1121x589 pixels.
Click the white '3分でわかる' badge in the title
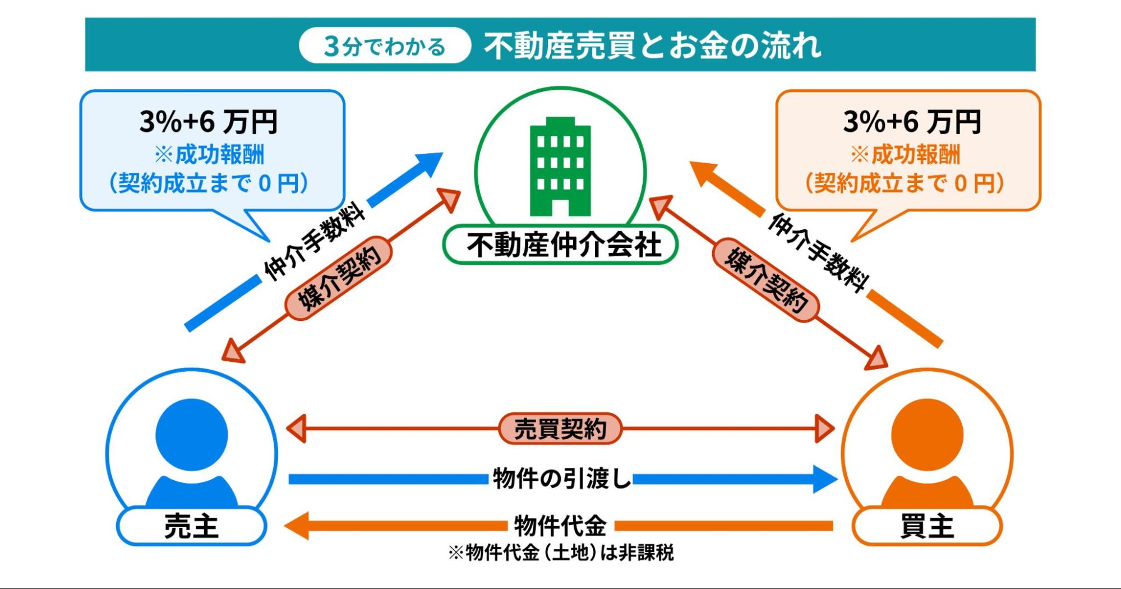pyautogui.click(x=385, y=45)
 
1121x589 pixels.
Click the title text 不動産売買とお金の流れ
pyautogui.click(x=652, y=45)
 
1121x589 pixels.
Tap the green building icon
pyautogui.click(x=560, y=167)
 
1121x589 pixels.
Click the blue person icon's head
pyautogui.click(x=192, y=435)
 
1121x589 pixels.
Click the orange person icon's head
pyautogui.click(x=927, y=435)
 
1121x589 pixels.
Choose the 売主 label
pyautogui.click(x=191, y=526)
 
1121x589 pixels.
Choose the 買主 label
pyautogui.click(x=927, y=526)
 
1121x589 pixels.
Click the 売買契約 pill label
pyautogui.click(x=560, y=429)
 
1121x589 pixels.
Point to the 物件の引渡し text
pyautogui.click(x=560, y=478)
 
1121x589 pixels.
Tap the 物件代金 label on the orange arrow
pyautogui.click(x=560, y=526)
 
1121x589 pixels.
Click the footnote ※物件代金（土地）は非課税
pyautogui.click(x=560, y=553)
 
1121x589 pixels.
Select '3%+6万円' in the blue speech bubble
pyautogui.click(x=209, y=121)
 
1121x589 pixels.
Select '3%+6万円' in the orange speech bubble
pyautogui.click(x=912, y=121)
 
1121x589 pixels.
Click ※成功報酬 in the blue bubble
pyautogui.click(x=209, y=154)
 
